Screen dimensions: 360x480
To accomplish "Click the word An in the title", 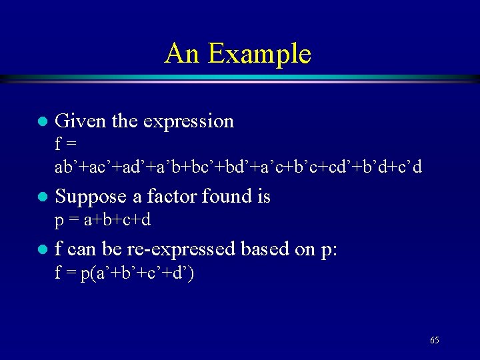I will click(x=182, y=53).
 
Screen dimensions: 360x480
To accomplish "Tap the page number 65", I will click(x=435, y=341).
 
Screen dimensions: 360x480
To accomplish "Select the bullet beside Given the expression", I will click(x=41, y=122).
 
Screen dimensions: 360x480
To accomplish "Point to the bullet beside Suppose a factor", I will click(x=41, y=197).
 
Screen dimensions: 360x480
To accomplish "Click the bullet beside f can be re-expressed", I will click(x=41, y=250).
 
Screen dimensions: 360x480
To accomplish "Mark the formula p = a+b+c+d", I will click(x=103, y=219).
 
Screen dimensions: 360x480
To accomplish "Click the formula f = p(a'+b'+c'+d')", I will click(x=124, y=273).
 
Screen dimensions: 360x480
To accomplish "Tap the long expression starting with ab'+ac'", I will click(x=238, y=167).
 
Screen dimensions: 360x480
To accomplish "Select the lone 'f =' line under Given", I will click(x=65, y=144).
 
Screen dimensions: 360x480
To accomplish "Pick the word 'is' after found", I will click(x=263, y=196).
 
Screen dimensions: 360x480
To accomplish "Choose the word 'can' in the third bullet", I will click(x=81, y=250).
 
